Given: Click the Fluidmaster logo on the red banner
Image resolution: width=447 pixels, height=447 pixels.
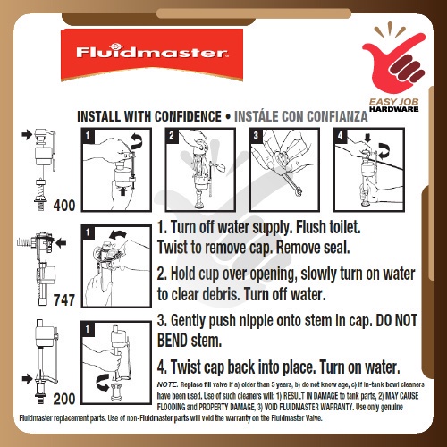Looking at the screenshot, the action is point(152,51).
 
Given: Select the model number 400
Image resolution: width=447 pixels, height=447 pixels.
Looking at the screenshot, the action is point(64,206).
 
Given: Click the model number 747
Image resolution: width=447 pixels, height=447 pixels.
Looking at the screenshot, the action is point(64,299).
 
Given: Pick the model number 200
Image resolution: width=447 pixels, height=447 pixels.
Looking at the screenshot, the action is point(64,399).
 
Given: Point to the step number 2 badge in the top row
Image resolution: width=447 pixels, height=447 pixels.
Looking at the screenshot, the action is point(172,136).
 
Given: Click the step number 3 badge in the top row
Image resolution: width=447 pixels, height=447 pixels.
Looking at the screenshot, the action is point(256,136).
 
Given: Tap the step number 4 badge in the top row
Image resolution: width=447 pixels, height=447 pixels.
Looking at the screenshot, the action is point(340,136).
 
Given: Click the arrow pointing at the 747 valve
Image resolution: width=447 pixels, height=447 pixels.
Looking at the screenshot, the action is point(61,243).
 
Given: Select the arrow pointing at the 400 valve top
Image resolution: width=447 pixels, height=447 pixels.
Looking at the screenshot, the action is point(27,134).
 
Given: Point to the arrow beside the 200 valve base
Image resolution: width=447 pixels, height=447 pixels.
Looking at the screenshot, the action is point(27,379).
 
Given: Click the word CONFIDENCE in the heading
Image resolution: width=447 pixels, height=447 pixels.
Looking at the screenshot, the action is point(188,116).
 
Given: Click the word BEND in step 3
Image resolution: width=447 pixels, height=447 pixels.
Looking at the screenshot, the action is point(173,341).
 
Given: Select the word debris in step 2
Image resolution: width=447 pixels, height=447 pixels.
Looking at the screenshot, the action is point(221,294).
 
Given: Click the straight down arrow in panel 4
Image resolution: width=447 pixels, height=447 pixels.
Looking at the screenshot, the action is point(367,138).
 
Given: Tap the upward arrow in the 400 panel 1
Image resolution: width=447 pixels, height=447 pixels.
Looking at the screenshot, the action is point(122,190).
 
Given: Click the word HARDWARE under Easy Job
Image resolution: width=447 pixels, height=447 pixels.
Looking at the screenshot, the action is point(394,109).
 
